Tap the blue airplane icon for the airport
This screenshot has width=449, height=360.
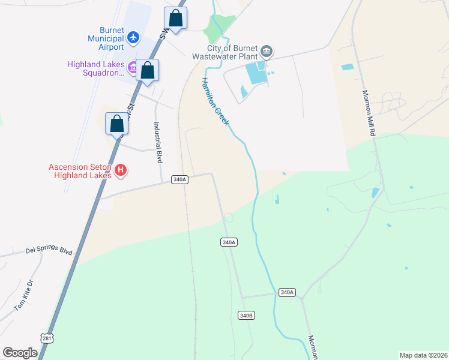pyautogui.click(x=134, y=39)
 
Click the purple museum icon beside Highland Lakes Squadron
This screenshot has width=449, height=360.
pyautogui.click(x=132, y=65)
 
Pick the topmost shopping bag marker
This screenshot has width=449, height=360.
pyautogui.click(x=175, y=18)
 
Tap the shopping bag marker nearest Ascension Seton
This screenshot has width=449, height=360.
pyautogui.click(x=117, y=124)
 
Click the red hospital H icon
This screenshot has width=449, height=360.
pyautogui.click(x=121, y=171)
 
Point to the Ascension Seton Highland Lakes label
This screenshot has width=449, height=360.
pyautogui.click(x=80, y=171)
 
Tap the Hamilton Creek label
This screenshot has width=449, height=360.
pyautogui.click(x=215, y=101)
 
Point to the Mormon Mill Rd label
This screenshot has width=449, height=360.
pyautogui.click(x=369, y=113)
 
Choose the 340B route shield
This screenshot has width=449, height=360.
pyautogui.click(x=246, y=315)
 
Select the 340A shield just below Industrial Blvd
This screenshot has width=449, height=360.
pyautogui.click(x=179, y=179)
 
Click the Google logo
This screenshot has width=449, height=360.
pyautogui.click(x=20, y=353)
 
